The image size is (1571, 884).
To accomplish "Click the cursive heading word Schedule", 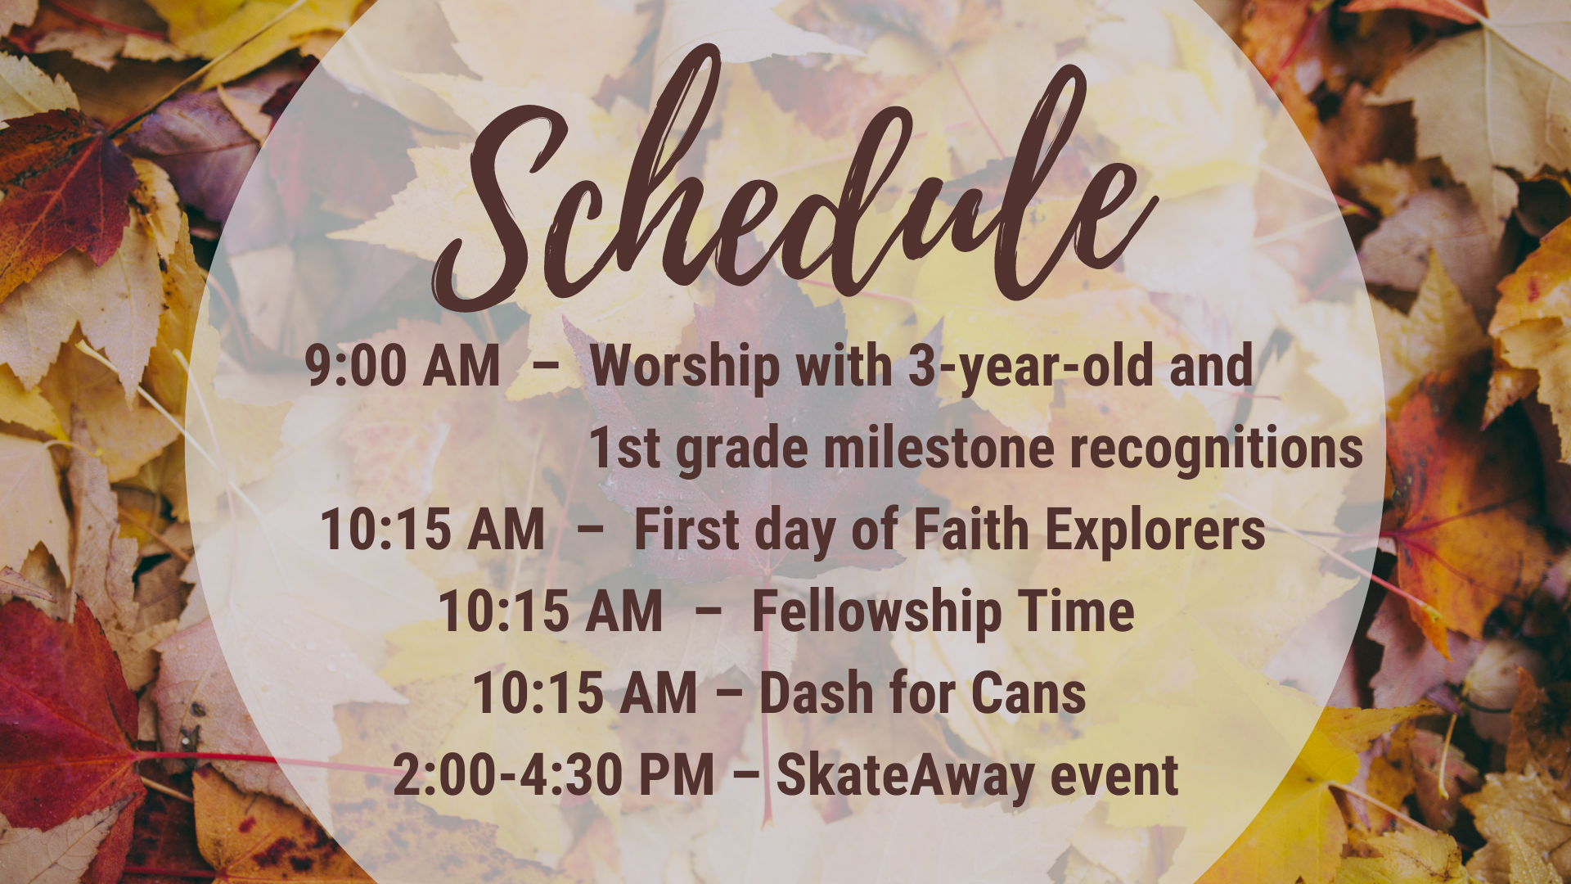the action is coord(794,180).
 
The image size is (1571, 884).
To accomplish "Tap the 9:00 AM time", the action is coord(403,365).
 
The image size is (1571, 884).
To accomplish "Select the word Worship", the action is coord(685,367).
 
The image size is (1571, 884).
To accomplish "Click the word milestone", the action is coord(939,449).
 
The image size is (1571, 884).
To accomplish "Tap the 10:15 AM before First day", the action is coord(433,530).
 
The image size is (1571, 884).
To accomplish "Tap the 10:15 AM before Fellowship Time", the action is coord(551,611).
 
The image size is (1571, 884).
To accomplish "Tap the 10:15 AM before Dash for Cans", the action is coord(585,693).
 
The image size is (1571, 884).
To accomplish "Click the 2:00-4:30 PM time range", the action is coord(554,775).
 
